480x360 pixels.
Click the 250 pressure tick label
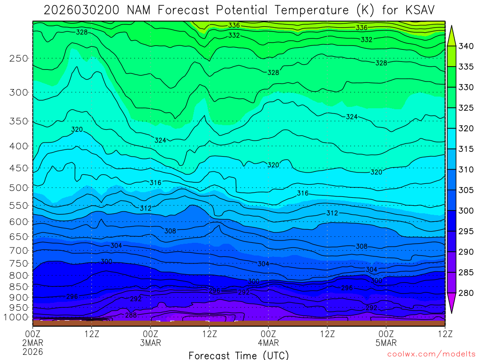pos(19,59)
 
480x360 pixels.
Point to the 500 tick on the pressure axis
pos(19,188)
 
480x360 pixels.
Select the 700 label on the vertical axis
pos(19,250)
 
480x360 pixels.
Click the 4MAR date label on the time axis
pos(268,342)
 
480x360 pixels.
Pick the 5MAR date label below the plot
pos(386,342)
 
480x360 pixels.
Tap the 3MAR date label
pos(150,342)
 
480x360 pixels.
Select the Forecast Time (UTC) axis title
pos(239,355)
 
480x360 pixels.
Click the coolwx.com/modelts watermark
pos(431,354)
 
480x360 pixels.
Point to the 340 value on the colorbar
pos(466,46)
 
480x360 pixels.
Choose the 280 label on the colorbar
pos(466,293)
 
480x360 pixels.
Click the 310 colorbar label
pos(466,170)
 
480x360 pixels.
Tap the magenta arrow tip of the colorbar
pos(452,309)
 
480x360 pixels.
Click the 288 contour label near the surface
pos(131,315)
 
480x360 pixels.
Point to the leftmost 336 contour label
pos(234,25)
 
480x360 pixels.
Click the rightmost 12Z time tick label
pos(444,334)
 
